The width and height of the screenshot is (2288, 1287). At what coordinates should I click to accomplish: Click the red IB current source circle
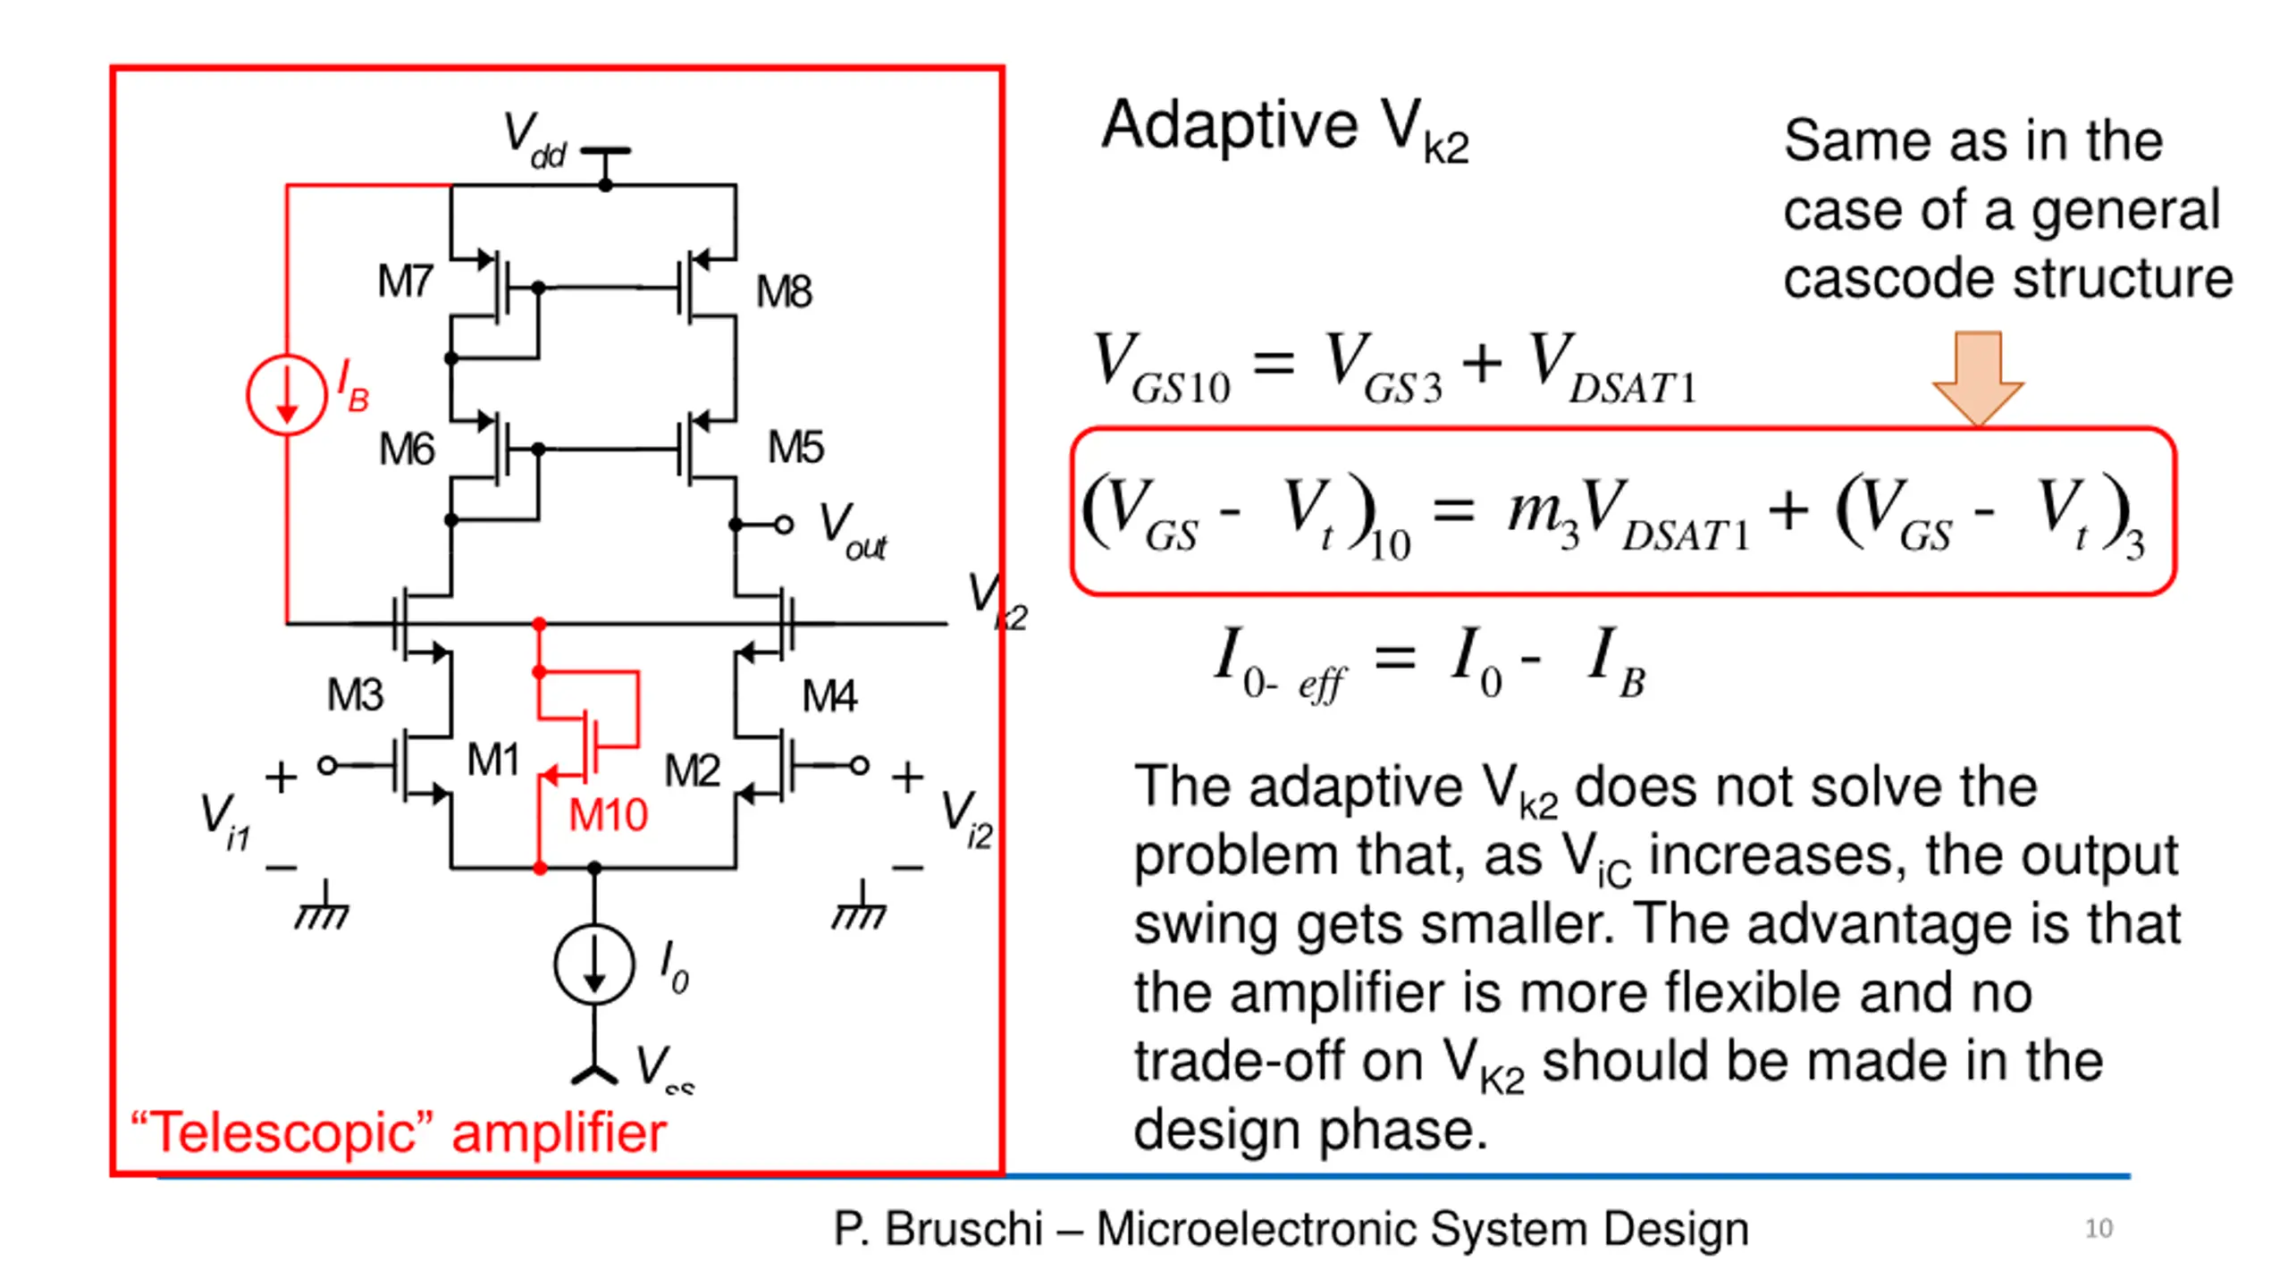pos(286,395)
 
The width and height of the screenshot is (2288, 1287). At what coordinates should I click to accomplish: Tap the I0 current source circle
pos(594,964)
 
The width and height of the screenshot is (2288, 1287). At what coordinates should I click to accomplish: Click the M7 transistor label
pos(405,282)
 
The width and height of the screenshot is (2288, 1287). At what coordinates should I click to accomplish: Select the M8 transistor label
pos(784,292)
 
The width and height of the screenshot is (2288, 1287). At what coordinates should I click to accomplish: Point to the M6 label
pos(407,449)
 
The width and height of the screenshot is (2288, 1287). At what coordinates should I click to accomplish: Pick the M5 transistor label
pos(795,447)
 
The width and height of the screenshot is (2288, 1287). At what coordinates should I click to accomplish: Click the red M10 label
pos(608,815)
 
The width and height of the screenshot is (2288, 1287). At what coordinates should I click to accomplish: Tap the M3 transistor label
pos(355,694)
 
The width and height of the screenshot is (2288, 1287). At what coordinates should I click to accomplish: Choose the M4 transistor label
pos(829,695)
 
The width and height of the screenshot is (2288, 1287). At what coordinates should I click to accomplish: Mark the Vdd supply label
pos(534,140)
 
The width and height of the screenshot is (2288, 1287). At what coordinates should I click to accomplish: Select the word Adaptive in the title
pos(1229,125)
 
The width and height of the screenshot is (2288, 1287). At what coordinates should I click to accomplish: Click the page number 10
pos(2099,1229)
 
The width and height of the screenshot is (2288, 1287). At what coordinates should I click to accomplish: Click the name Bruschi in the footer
pos(963,1229)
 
